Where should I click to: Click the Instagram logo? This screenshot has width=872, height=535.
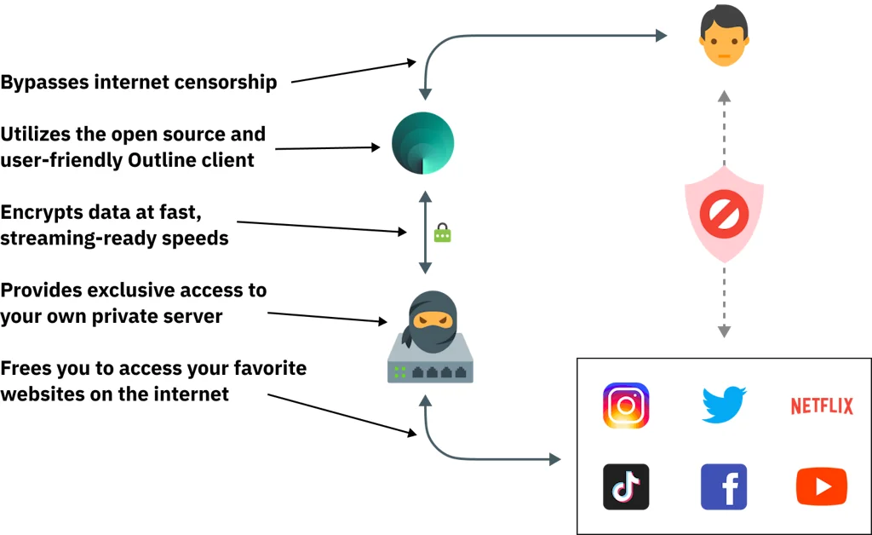tap(626, 406)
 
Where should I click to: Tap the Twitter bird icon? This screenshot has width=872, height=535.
tap(724, 405)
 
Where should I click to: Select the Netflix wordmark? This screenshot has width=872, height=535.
tap(822, 406)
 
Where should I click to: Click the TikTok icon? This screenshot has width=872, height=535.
tap(626, 486)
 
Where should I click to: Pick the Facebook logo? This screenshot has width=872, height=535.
tap(724, 486)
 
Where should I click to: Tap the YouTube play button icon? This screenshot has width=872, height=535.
tap(822, 486)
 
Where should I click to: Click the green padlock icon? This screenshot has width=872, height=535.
tap(442, 232)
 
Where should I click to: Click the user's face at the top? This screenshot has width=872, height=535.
tap(723, 38)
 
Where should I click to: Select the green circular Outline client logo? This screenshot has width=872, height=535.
tap(423, 143)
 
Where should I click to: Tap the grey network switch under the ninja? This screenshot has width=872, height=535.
tap(430, 365)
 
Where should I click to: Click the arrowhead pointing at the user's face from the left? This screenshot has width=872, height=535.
tap(661, 36)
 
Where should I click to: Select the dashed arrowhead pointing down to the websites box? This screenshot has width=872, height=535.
tap(724, 331)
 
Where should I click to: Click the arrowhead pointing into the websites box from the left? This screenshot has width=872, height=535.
tap(554, 460)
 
